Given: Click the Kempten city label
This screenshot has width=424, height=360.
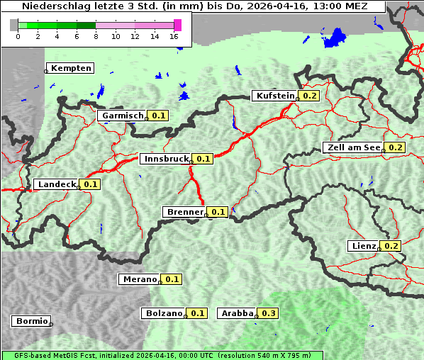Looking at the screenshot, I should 71,68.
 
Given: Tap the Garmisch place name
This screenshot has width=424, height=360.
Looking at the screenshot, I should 123,116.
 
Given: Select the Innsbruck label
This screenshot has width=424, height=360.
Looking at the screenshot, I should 166,159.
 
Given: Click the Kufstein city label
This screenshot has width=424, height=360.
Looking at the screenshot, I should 275,96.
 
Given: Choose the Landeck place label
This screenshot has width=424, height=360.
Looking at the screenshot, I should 56,184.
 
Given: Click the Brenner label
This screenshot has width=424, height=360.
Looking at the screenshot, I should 184,212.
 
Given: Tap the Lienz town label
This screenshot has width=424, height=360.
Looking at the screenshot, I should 364,246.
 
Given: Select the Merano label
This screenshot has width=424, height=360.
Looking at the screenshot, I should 139,279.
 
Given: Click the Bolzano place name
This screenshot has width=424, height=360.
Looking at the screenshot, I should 164,313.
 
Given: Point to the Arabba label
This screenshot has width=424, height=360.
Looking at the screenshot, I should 236,313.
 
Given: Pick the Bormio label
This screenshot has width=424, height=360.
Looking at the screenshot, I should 32,321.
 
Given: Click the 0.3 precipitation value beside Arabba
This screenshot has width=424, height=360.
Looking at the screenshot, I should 269,313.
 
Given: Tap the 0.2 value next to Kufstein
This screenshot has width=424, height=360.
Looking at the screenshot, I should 310,96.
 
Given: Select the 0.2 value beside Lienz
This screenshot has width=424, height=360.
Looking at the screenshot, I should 392,246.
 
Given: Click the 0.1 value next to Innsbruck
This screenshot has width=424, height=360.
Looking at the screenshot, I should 204,159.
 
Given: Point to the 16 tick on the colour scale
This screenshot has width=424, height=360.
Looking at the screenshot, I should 174,37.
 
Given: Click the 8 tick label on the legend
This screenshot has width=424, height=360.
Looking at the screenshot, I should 96,37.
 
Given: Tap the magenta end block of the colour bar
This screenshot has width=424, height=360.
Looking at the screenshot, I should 177,25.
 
